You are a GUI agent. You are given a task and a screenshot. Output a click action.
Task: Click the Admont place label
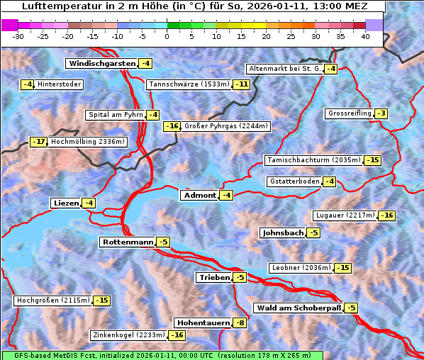pyautogui.click(x=199, y=195)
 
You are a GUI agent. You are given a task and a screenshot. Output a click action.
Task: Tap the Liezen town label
pyautogui.click(x=66, y=203)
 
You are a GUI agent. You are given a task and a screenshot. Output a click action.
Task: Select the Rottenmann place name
pyautogui.click(x=128, y=242)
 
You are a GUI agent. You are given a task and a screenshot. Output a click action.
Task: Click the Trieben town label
pyautogui.click(x=214, y=277)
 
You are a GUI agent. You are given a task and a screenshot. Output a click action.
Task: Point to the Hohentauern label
pyautogui.click(x=203, y=322)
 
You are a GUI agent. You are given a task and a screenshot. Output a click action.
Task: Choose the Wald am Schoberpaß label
pyautogui.click(x=299, y=308)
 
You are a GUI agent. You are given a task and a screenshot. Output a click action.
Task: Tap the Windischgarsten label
pyautogui.click(x=101, y=63)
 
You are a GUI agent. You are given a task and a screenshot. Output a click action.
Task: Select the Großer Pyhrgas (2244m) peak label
pyautogui.click(x=225, y=126)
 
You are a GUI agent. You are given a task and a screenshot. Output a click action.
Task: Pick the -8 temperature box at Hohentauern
pyautogui.click(x=240, y=322)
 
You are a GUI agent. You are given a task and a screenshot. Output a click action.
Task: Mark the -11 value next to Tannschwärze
pyautogui.click(x=242, y=84)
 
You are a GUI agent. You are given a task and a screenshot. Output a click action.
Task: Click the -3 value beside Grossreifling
pyautogui.click(x=381, y=113)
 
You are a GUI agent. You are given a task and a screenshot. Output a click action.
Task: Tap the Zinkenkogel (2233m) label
pyautogui.click(x=128, y=334)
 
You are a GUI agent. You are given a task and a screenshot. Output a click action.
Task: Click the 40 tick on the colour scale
pyautogui.click(x=365, y=36)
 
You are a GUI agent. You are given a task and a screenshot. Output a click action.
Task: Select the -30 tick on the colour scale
pyautogui.click(x=18, y=36)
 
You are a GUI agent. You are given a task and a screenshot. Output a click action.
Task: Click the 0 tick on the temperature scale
pyautogui.click(x=167, y=36)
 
